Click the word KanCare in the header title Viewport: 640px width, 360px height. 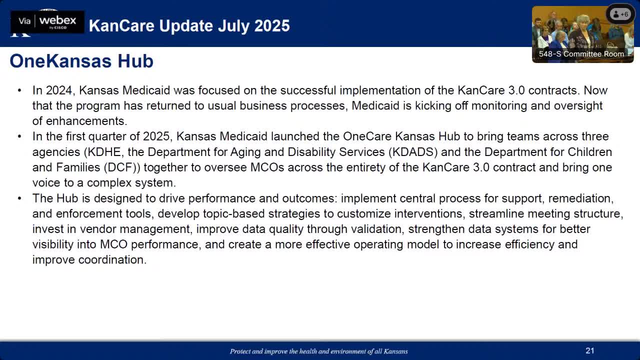pyautogui.click(x=122, y=25)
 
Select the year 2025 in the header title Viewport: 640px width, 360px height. pyautogui.click(x=271, y=25)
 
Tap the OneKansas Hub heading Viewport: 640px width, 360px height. pyautogui.click(x=81, y=61)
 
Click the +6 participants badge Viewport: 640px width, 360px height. pyautogui.click(x=620, y=14)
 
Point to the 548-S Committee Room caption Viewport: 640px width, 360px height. pyautogui.click(x=581, y=53)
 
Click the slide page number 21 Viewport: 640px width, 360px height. pyautogui.click(x=590, y=350)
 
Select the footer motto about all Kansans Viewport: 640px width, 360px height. pyautogui.click(x=319, y=351)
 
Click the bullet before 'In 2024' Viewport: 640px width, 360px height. pyautogui.click(x=19, y=90)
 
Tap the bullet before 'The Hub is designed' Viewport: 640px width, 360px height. pyautogui.click(x=19, y=198)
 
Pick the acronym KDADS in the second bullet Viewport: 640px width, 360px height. pyautogui.click(x=412, y=152)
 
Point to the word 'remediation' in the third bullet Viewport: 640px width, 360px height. pyautogui.click(x=579, y=198)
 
